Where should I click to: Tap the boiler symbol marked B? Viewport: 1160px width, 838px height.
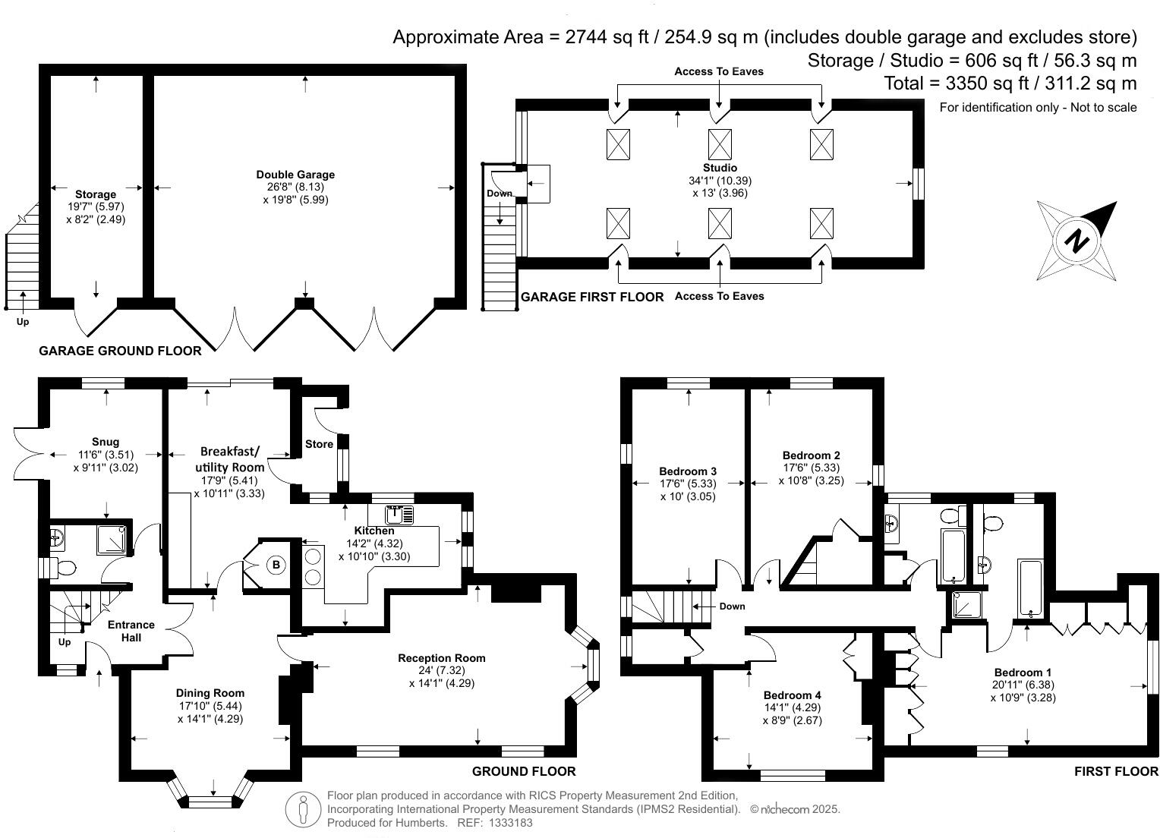(276, 565)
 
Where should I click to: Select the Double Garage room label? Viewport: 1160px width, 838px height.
(295, 175)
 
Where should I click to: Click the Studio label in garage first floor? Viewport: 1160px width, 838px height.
(720, 168)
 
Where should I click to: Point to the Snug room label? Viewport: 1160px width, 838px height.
(106, 442)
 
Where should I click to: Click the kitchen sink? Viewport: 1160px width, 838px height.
(399, 515)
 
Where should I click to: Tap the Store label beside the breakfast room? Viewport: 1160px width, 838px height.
(319, 444)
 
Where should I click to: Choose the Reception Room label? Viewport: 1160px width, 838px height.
(442, 658)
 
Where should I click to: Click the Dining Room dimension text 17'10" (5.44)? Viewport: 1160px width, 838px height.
(210, 706)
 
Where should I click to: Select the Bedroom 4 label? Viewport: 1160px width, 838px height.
(792, 695)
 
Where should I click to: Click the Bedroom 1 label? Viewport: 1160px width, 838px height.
(1023, 673)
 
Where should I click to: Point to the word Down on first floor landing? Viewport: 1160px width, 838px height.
(732, 606)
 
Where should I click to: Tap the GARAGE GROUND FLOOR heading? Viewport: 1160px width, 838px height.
(120, 351)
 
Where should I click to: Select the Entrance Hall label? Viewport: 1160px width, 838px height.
(131, 631)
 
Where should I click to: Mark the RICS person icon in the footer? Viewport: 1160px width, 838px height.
(303, 809)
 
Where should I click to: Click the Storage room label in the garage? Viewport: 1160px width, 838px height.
(96, 194)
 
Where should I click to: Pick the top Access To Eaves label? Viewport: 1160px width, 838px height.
(719, 71)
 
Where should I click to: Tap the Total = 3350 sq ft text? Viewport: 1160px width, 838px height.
(1010, 83)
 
